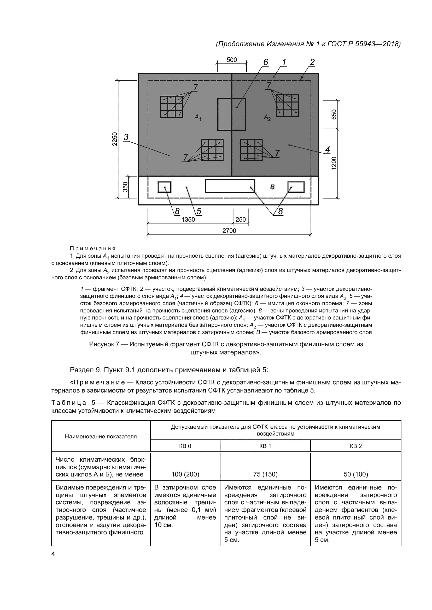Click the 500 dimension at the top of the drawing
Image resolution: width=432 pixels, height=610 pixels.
231,60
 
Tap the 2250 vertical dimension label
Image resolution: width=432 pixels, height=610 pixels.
114,139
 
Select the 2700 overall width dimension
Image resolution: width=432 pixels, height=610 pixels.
229,231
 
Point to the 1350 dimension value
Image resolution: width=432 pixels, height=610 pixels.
188,219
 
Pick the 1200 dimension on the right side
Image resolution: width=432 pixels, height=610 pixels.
334,163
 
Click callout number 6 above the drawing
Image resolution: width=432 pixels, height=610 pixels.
265,62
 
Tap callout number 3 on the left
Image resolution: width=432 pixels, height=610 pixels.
126,137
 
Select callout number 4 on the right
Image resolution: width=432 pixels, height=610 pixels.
328,150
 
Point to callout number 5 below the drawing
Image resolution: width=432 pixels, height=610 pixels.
199,211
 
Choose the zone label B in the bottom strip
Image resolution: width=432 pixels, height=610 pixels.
272,187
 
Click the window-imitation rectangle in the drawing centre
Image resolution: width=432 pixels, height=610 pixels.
231,114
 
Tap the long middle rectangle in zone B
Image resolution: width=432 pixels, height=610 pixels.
230,186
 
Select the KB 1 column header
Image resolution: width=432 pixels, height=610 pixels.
265,446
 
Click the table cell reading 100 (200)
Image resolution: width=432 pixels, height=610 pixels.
185,474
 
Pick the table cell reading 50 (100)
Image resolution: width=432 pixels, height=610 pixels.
356,474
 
